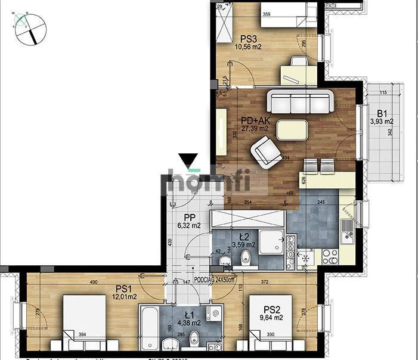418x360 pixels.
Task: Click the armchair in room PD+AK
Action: point(266,151)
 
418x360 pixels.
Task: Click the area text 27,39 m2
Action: point(255,128)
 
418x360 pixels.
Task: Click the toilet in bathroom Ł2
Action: point(246,257)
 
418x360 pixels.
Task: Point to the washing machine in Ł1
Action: point(211,315)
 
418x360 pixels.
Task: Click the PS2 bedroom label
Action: point(272,309)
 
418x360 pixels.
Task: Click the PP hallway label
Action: point(190,217)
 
